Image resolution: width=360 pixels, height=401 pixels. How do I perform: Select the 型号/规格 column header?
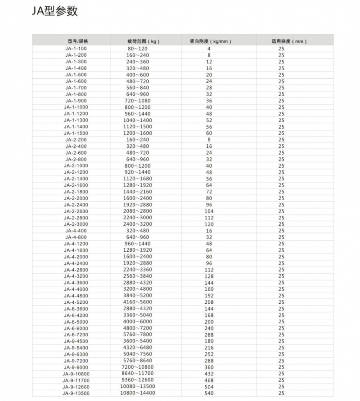click(x=76, y=41)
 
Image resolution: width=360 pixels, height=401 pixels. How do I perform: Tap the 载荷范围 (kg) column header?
click(x=144, y=41)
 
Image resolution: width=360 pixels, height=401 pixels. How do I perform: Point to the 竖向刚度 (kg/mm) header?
click(x=210, y=41)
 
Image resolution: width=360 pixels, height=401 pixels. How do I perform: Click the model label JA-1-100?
click(x=76, y=48)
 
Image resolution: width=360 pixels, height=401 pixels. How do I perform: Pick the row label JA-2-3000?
click(x=76, y=224)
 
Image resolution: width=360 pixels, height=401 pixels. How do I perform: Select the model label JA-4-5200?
click(x=76, y=303)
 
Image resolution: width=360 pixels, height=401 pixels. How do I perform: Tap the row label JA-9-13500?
click(x=76, y=393)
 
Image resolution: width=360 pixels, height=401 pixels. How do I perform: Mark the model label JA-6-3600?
click(x=76, y=309)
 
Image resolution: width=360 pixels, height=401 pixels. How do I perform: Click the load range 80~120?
click(x=138, y=48)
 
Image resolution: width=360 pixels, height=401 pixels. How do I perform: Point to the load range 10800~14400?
click(x=138, y=393)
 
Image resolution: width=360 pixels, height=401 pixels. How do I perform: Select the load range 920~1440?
click(x=138, y=172)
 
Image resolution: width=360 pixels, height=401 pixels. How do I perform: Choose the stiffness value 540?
click(x=209, y=393)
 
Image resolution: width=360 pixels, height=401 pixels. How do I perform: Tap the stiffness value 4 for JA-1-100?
click(x=209, y=48)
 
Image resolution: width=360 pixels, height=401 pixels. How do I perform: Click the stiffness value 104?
click(x=209, y=211)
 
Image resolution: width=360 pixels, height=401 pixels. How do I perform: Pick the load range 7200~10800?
click(x=138, y=367)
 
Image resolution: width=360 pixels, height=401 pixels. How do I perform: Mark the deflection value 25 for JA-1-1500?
click(x=281, y=133)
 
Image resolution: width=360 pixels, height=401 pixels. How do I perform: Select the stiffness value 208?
click(x=209, y=303)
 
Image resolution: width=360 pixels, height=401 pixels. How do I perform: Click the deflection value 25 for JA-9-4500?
click(x=281, y=341)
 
